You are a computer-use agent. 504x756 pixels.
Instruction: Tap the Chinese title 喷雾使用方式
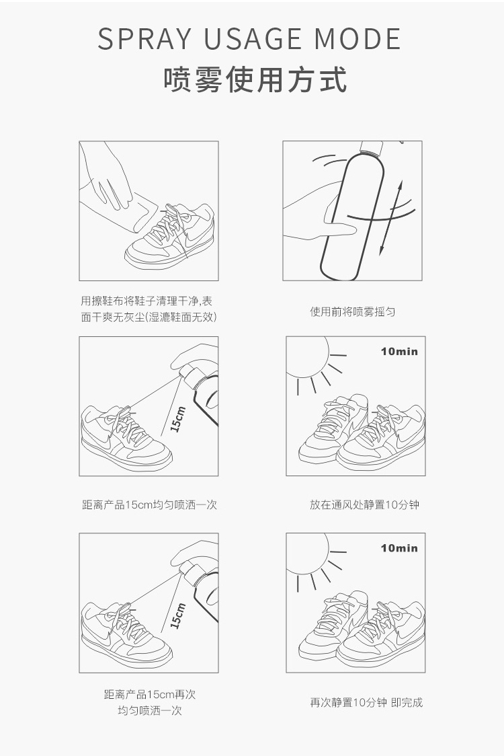tap(255, 79)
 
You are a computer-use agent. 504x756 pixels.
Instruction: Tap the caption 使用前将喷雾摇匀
tap(352, 312)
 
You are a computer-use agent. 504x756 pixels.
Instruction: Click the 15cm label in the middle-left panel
tap(177, 418)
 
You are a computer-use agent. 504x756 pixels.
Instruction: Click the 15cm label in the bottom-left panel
tap(177, 615)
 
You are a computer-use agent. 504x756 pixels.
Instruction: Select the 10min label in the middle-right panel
tap(399, 351)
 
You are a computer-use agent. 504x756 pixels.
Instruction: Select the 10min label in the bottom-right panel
tap(399, 547)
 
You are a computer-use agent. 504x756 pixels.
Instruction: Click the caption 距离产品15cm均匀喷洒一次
tap(149, 504)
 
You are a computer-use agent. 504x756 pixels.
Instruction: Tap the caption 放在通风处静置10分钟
tap(364, 504)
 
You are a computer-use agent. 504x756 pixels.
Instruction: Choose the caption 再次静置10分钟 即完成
tap(366, 702)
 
